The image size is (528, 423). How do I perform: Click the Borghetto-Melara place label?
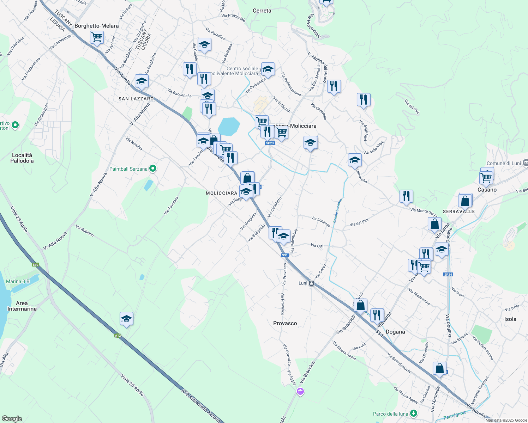tap(96, 26)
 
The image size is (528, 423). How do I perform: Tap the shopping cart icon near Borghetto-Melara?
tap(97, 37)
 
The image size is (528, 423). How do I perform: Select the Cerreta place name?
tap(262, 11)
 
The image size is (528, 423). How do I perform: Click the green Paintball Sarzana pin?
tap(153, 169)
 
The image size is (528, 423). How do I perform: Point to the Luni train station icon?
tap(311, 283)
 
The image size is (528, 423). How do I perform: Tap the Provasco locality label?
tap(285, 323)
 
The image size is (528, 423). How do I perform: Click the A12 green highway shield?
tap(118, 336)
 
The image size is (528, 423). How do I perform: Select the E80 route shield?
tap(35, 265)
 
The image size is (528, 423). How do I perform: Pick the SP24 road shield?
tap(448, 275)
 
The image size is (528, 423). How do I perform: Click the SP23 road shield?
tap(270, 143)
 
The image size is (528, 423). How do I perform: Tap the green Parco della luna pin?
tap(414, 413)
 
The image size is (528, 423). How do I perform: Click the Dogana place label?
tap(395, 332)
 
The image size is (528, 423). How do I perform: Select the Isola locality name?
tap(510, 319)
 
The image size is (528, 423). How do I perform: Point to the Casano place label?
tap(487, 190)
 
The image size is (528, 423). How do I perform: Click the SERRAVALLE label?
tap(459, 211)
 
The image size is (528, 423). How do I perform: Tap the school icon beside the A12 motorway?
tap(126, 319)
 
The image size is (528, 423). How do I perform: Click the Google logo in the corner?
tap(12, 419)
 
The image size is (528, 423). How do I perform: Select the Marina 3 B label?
tap(18, 281)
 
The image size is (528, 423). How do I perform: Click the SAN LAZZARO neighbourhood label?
tap(136, 99)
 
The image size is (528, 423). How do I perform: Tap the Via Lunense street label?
tap(321, 221)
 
